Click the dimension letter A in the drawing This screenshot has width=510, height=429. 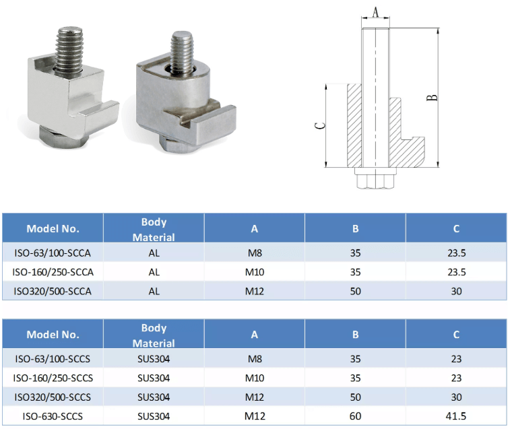375,11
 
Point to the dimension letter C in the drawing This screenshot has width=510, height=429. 321,125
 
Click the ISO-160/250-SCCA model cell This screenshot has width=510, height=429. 53,272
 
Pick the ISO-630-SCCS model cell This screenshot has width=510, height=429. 53,416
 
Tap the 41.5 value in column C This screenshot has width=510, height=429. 456,416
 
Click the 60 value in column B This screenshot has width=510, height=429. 355,416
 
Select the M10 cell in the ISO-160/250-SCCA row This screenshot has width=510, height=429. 254,272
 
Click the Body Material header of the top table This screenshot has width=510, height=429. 154,229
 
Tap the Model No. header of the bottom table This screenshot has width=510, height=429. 53,334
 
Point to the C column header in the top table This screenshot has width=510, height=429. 456,229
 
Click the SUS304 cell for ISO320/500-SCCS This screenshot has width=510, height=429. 154,397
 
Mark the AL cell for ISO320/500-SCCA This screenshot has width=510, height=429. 154,291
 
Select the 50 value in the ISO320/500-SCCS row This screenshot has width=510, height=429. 355,397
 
